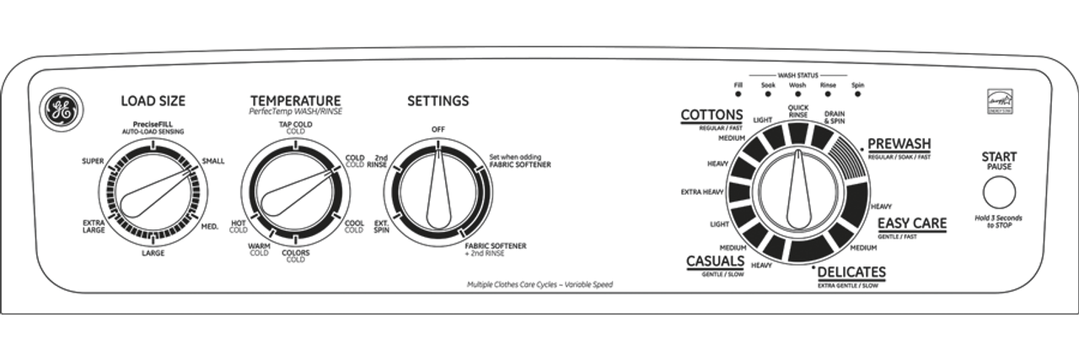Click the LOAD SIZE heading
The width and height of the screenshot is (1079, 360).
tap(153, 101)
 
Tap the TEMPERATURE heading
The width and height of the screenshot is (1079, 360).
tap(295, 100)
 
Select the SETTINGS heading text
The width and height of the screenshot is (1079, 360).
tap(438, 101)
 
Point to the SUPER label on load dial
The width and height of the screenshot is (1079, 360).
tap(93, 160)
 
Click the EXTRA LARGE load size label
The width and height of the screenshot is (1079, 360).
tap(94, 227)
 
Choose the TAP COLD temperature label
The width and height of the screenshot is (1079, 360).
tap(295, 126)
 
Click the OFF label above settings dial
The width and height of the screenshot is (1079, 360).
tap(438, 128)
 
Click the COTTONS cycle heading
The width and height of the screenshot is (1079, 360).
tap(711, 115)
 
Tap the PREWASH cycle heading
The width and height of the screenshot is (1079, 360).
tap(899, 143)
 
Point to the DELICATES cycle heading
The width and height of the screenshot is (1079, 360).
tap(851, 271)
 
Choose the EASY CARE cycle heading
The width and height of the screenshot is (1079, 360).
tap(912, 223)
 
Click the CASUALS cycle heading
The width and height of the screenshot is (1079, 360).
tap(715, 261)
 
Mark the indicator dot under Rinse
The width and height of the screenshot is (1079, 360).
tap(828, 97)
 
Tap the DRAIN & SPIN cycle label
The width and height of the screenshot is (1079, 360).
tap(835, 117)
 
